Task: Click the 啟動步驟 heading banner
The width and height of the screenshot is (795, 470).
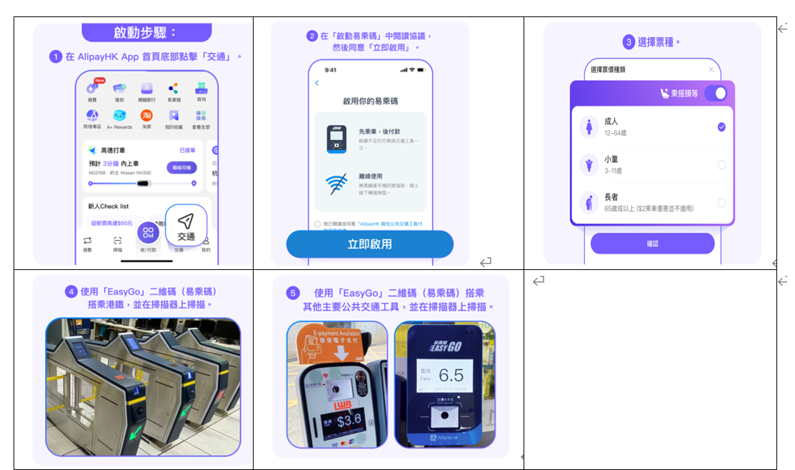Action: [146, 33]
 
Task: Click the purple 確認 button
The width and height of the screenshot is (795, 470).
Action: [652, 244]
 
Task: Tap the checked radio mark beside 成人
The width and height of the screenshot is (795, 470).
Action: [721, 127]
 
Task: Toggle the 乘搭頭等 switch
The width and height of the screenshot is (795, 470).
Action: [715, 94]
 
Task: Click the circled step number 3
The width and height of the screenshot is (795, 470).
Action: [629, 42]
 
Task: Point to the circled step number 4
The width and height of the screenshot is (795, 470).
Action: [71, 291]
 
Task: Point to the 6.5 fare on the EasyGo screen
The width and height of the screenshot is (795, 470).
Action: [451, 375]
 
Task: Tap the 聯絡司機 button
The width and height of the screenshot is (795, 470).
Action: [181, 167]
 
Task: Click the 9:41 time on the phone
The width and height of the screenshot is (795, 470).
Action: [330, 70]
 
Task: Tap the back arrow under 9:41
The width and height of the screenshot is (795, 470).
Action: [317, 84]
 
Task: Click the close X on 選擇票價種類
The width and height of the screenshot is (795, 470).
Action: [711, 69]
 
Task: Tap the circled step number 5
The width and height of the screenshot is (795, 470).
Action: [293, 293]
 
